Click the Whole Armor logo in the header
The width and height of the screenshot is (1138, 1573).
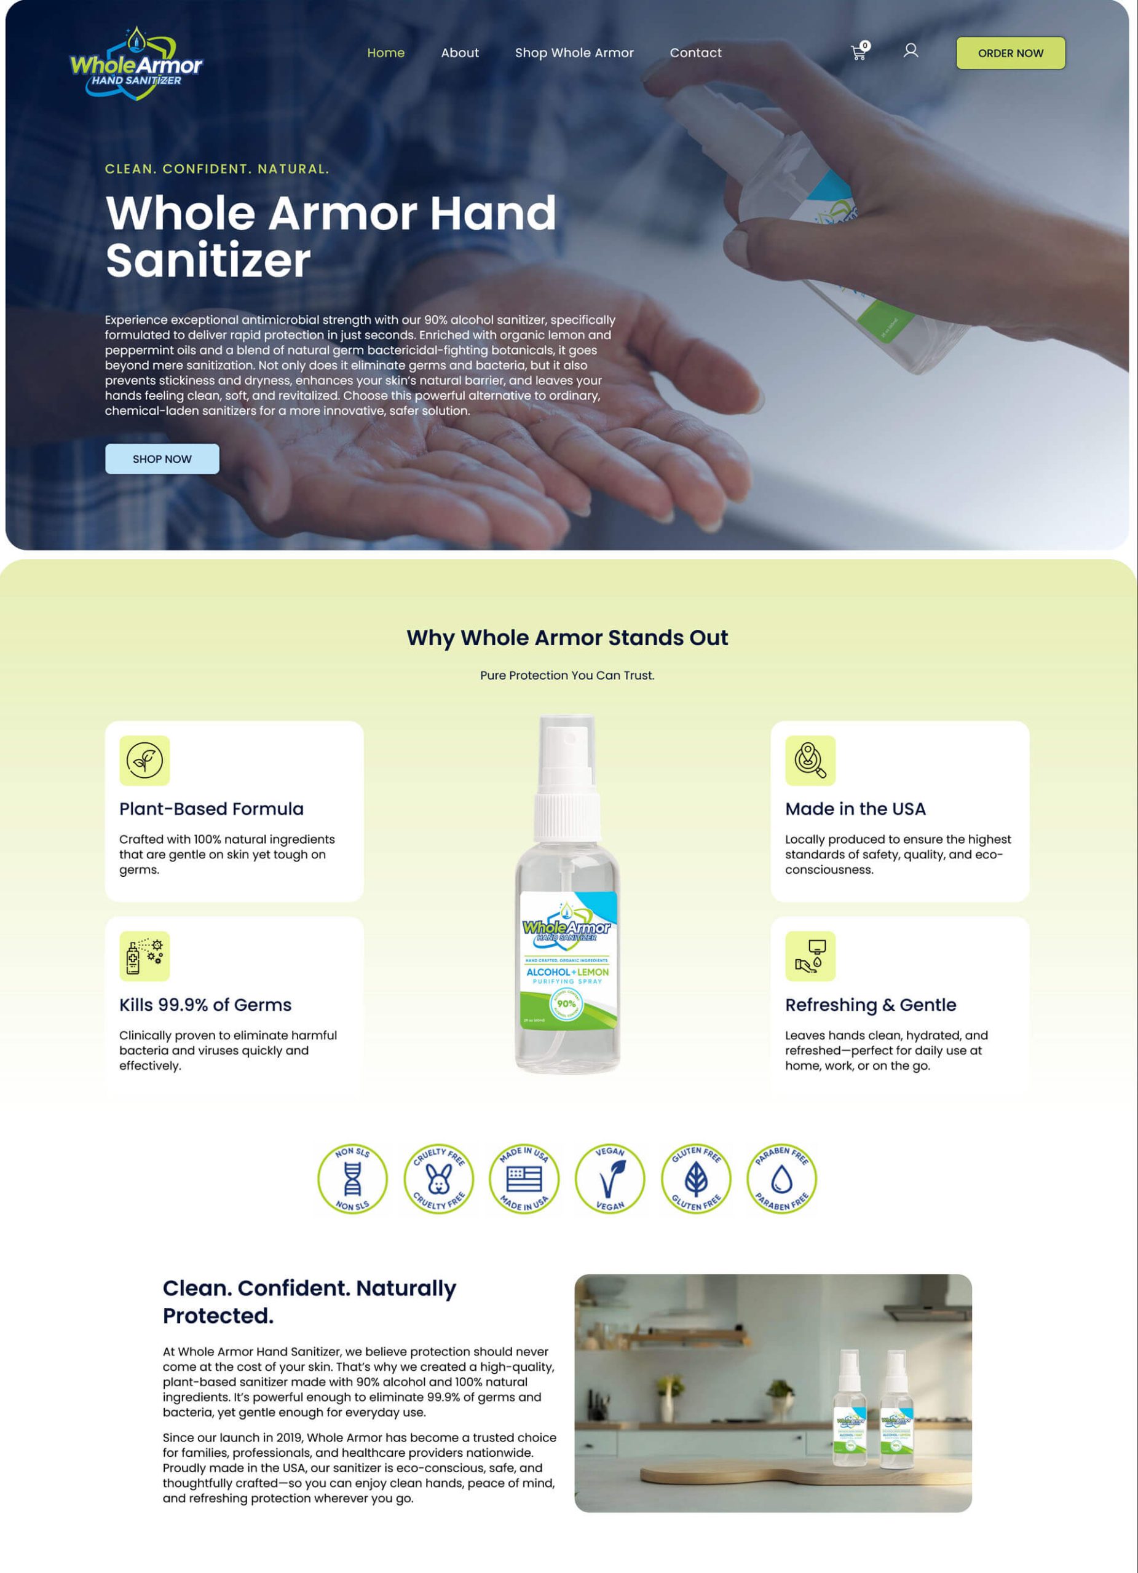coord(136,64)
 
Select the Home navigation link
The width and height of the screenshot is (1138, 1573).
coord(386,53)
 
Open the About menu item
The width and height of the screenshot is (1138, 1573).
coord(459,53)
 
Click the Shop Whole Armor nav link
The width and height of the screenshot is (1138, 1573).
coord(574,53)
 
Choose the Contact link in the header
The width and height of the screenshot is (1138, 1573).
coord(695,53)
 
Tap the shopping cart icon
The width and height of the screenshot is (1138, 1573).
coord(858,52)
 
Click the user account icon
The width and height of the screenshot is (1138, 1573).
coord(911,50)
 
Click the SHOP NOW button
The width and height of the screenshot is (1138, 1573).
coord(162,459)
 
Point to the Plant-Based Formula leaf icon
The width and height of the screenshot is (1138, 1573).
coord(144,760)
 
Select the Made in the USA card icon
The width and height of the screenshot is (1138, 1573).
coord(810,760)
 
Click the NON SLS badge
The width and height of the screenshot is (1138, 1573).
coord(352,1179)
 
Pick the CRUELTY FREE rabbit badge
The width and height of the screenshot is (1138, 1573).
coord(438,1179)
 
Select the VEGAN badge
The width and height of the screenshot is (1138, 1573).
coord(610,1179)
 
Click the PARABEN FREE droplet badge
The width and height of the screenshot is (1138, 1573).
coord(781,1179)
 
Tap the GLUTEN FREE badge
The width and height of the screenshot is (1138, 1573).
coord(696,1179)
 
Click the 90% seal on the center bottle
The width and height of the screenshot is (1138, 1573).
coord(566,1003)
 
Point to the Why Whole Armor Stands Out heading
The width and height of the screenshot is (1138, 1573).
coord(567,637)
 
